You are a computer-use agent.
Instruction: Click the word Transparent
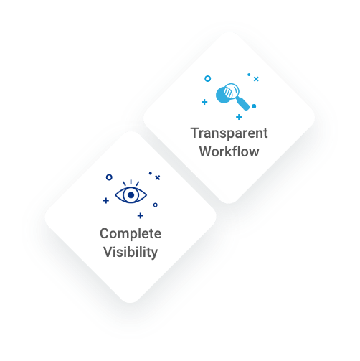tap(229, 133)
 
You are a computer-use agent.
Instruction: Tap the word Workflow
tap(229, 151)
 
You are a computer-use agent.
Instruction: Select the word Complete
tap(131, 234)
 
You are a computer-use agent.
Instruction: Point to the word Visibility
tap(131, 253)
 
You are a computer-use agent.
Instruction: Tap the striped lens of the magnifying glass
tap(231, 91)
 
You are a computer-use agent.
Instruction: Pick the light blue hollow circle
tap(208, 78)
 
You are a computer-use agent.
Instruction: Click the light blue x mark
tap(256, 79)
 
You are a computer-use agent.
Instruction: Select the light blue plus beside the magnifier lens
tap(204, 102)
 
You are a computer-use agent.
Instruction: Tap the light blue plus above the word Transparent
tap(239, 117)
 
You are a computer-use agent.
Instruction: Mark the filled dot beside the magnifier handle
tap(254, 106)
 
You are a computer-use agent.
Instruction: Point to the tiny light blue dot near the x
tap(249, 75)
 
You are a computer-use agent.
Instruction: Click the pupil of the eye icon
tap(131, 195)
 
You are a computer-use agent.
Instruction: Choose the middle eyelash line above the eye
tap(131, 182)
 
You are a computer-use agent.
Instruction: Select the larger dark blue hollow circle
tap(109, 177)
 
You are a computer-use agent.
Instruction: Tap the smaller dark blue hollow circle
tap(156, 205)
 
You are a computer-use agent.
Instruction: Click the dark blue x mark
tap(157, 177)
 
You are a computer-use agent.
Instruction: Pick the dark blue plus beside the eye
tap(106, 200)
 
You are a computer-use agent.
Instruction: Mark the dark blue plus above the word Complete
tap(141, 216)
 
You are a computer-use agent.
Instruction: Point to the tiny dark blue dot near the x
tap(151, 173)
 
